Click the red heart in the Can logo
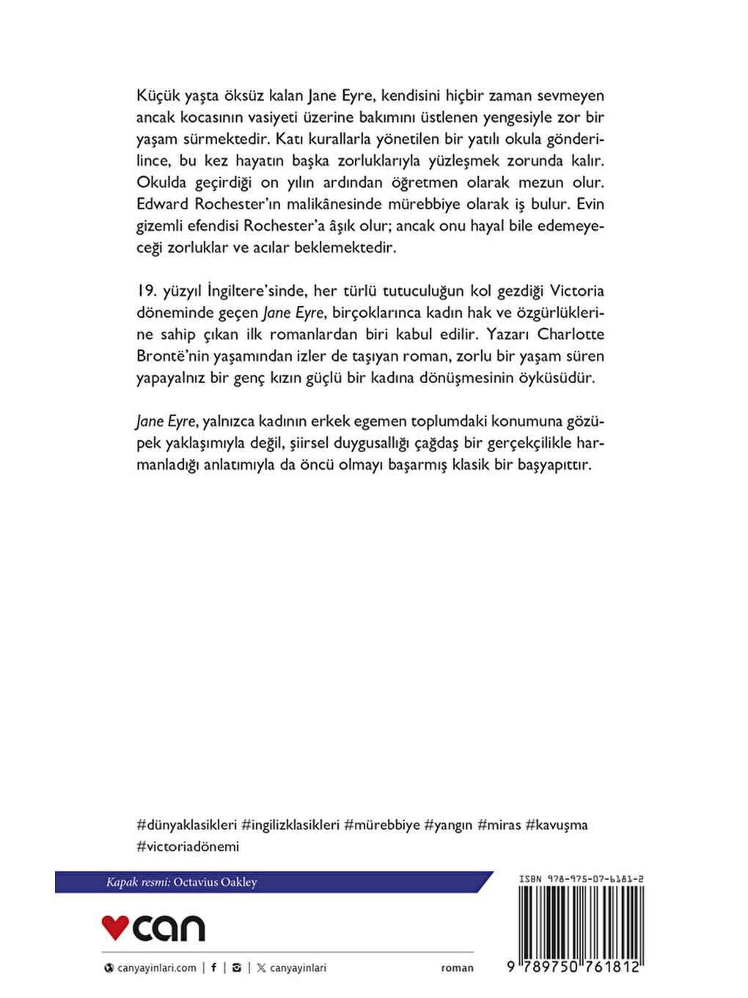point(115,927)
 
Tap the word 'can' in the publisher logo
point(169,928)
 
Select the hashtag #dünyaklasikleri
point(187,825)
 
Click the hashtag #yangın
point(448,825)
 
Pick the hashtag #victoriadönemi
point(188,846)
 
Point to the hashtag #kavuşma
point(557,825)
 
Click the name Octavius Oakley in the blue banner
point(215,882)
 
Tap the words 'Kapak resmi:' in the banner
point(138,882)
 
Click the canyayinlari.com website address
point(156,968)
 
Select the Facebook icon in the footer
point(213,967)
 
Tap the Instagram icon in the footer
point(236,967)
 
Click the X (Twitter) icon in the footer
point(261,968)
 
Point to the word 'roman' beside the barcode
point(457,968)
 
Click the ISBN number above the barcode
point(582,878)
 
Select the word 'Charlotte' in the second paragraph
point(571,334)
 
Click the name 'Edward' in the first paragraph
point(162,204)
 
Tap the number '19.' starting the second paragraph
point(147,291)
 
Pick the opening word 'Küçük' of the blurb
point(157,95)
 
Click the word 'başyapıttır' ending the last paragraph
point(554,465)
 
